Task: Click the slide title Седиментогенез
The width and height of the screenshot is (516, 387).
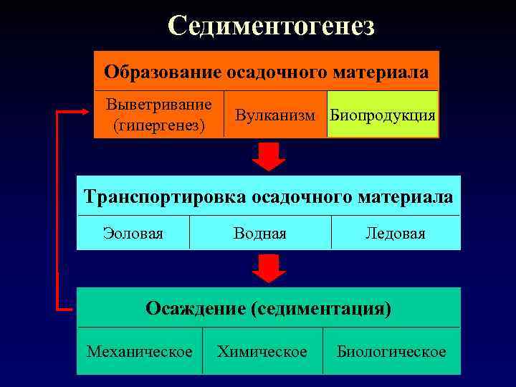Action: [x=271, y=26]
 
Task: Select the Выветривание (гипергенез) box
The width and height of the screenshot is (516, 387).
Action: [x=158, y=115]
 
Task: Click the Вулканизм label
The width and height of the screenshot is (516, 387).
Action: [x=274, y=115]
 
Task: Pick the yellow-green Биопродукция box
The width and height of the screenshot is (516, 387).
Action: [x=382, y=115]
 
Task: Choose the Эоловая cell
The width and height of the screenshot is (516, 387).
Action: [x=133, y=234]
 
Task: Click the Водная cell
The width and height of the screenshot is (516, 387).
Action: [x=259, y=234]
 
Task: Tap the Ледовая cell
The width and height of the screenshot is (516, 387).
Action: [x=395, y=234]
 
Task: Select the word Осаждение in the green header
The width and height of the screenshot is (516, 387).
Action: [x=195, y=308]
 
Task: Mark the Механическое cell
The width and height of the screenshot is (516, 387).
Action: [x=139, y=351]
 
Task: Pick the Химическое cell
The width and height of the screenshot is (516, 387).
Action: [x=262, y=351]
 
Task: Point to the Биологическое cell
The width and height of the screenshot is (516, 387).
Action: [x=391, y=351]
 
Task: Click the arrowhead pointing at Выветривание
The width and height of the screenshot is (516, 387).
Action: [x=87, y=113]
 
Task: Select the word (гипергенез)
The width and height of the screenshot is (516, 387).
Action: [x=158, y=125]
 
